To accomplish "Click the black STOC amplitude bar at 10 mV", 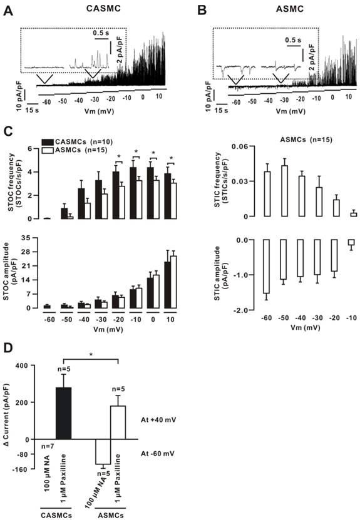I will coord(167,275).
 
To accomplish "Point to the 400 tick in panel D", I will coord(23,365).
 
